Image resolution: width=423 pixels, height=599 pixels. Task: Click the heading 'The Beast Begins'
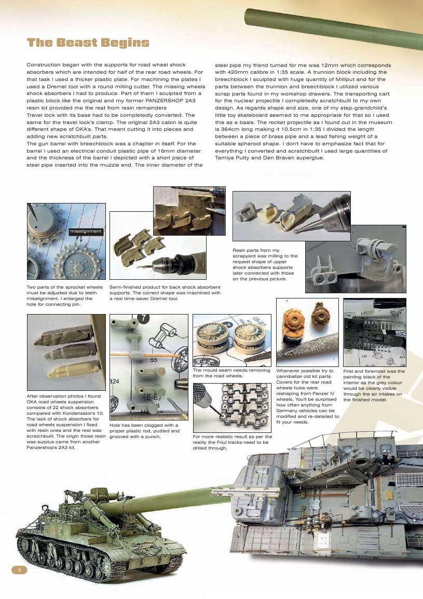[88, 43]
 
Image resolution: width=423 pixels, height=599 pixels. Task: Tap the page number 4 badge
[19, 570]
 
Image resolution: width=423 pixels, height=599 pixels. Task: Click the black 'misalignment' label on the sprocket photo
[86, 230]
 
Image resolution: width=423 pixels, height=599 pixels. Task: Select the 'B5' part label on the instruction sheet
[154, 359]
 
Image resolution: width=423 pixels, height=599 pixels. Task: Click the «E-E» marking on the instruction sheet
[153, 399]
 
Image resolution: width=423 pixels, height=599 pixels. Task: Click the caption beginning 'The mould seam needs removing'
[231, 373]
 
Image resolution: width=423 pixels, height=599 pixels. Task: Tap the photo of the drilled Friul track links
[231, 408]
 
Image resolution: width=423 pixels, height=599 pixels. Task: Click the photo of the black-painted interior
[374, 332]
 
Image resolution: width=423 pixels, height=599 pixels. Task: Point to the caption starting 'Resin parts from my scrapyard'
[265, 264]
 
